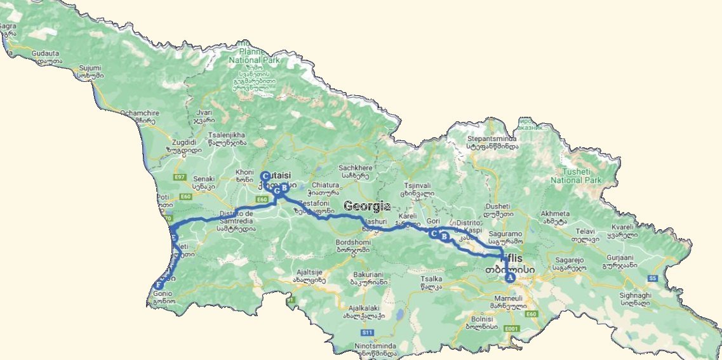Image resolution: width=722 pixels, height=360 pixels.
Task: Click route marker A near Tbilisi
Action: (x=509, y=277)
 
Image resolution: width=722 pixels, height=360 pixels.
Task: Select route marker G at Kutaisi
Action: (x=277, y=189)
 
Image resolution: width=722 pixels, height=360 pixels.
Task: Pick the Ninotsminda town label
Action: (x=375, y=346)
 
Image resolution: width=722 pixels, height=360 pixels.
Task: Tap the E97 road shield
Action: (x=179, y=177)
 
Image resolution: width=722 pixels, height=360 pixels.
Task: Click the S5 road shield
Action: (x=653, y=278)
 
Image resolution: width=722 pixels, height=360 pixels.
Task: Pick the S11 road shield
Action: (x=366, y=332)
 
